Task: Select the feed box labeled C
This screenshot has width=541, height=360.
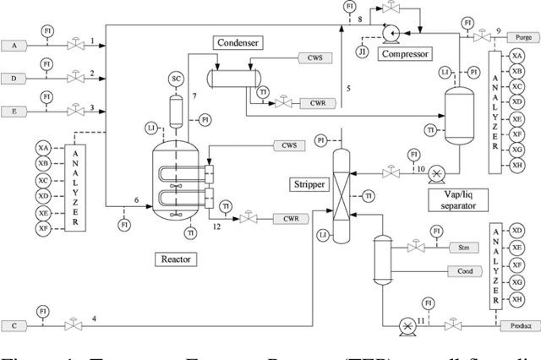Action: [14, 325]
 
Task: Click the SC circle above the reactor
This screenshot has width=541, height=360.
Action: [177, 79]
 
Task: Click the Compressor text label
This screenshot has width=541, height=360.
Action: [404, 54]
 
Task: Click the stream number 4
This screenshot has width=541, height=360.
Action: [94, 319]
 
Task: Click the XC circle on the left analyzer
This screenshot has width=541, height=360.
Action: [43, 180]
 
